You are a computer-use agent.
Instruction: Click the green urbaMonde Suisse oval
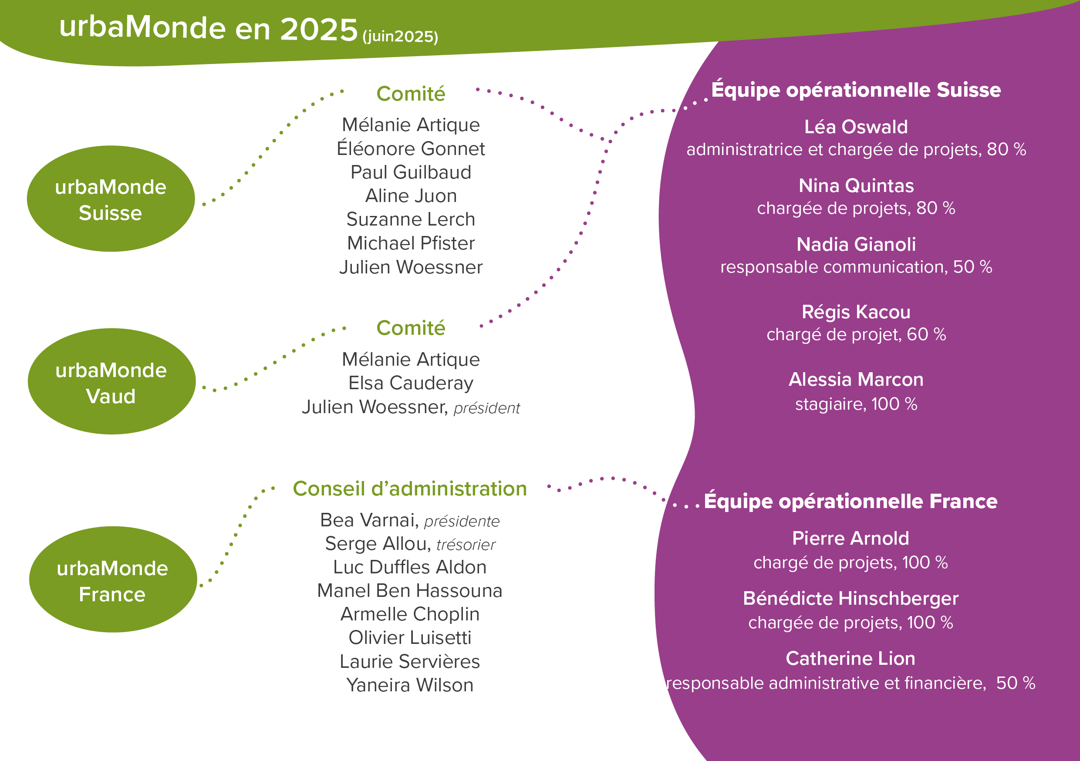pos(111,199)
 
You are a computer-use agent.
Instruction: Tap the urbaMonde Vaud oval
pos(111,381)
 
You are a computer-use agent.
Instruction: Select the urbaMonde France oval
pos(113,579)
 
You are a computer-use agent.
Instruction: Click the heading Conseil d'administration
pos(410,488)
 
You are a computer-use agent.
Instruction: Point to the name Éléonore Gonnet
pos(411,148)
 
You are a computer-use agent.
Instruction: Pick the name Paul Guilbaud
pos(411,172)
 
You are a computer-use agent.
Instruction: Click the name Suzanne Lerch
pos(411,219)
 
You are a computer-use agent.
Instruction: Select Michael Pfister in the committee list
pos(411,243)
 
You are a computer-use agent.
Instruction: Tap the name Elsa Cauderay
pos(411,383)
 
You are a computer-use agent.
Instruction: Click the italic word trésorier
pos(466,545)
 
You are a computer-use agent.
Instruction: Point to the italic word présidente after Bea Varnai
pos(462,521)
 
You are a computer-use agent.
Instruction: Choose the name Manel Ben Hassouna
pos(410,591)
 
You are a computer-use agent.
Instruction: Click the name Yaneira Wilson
pos(410,685)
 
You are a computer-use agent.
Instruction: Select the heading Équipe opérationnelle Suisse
pos(856,90)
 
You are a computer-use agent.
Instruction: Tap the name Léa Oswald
pos(856,127)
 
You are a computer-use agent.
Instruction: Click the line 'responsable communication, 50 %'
pos(856,267)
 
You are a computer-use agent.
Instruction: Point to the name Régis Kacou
pos(856,312)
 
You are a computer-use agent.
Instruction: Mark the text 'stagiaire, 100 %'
pos(856,404)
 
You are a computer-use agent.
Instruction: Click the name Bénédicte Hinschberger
pos(850,598)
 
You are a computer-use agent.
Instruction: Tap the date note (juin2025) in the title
pos(400,36)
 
